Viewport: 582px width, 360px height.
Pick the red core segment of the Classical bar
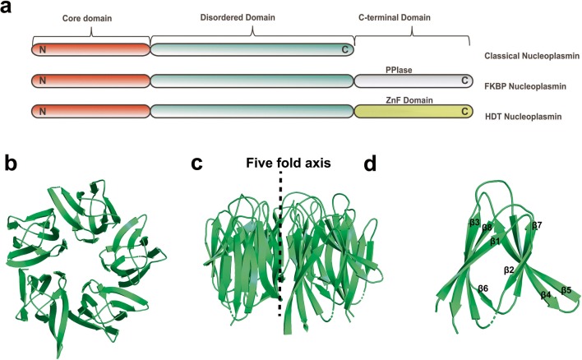click(90, 49)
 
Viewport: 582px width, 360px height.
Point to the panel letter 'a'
click(8, 9)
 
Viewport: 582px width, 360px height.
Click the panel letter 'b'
click(12, 162)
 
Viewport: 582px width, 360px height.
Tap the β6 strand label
click(483, 288)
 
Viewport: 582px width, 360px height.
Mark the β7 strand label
click(537, 225)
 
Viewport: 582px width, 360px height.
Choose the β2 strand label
click(509, 268)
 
